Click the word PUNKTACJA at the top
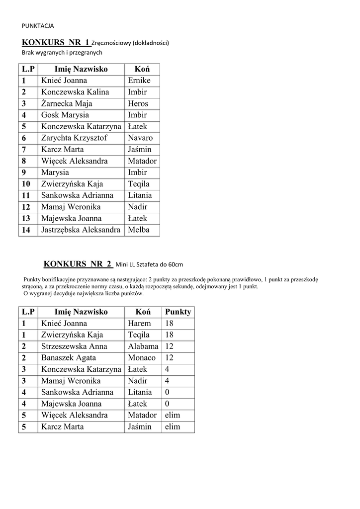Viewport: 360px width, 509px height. tap(38, 26)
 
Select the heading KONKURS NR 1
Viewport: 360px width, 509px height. tap(56, 42)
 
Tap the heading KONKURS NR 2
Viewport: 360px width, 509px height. tap(78, 264)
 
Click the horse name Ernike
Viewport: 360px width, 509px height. tap(139, 81)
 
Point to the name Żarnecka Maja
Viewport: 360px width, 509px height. tap(67, 103)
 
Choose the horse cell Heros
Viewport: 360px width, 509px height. tap(138, 103)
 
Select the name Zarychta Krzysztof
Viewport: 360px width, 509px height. tap(74, 138)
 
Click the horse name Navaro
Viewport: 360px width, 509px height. tap(140, 138)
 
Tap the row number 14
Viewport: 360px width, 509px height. tap(26, 230)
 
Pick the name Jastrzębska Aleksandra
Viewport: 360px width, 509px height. tap(81, 230)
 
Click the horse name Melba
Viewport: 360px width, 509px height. tap(138, 230)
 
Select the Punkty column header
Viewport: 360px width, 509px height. tap(178, 312)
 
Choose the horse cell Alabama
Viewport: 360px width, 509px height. tap(143, 346)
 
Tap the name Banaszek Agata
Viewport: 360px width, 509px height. tap(69, 358)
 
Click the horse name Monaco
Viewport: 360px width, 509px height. tap(141, 358)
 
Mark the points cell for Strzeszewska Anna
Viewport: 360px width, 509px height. tap(170, 346)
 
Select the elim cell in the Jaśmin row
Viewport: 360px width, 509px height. tap(172, 426)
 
